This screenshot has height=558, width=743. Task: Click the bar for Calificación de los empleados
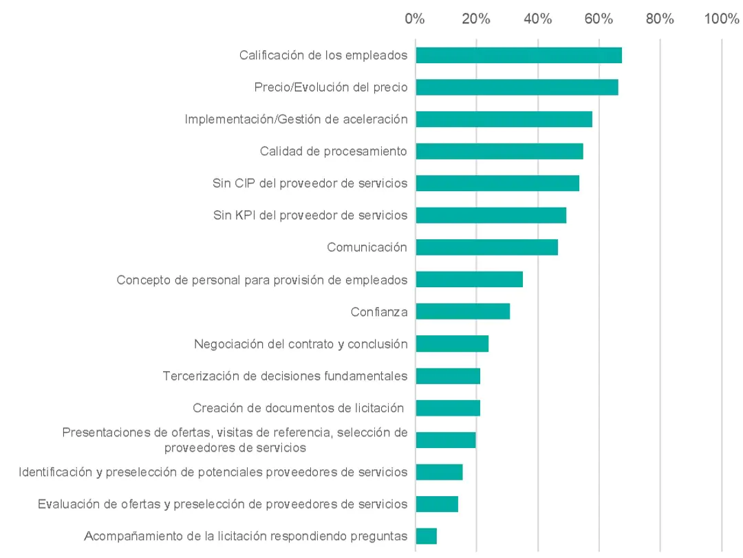tap(519, 56)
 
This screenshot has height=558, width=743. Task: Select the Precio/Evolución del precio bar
tap(517, 87)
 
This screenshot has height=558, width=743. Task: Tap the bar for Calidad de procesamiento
tap(499, 151)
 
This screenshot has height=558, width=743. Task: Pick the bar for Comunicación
tap(486, 247)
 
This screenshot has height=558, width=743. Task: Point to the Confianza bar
tap(462, 311)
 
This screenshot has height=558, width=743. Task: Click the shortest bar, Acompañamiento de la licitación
tap(426, 536)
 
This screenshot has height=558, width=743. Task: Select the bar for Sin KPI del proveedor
tap(491, 215)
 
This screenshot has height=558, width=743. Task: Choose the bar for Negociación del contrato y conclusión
tap(452, 344)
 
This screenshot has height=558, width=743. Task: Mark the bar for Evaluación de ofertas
tap(437, 504)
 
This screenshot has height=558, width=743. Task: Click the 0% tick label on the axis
tap(415, 19)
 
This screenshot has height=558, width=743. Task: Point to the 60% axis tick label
tap(599, 19)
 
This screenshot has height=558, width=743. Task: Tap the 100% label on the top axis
tap(722, 19)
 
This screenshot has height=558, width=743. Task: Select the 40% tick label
tap(538, 19)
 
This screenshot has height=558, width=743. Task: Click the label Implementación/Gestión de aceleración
tap(296, 119)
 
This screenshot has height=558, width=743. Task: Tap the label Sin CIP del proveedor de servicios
tap(310, 183)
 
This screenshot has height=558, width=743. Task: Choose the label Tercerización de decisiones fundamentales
tap(285, 376)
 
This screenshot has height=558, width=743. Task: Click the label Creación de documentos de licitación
tap(298, 408)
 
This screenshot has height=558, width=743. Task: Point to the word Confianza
tap(379, 312)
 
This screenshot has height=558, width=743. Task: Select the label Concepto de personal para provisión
tap(261, 280)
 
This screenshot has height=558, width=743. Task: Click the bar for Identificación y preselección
tap(439, 472)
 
